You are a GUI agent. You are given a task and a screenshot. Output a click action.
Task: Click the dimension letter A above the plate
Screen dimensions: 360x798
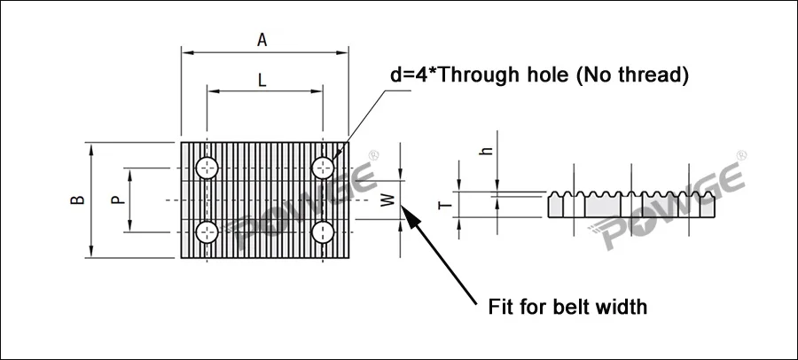262,39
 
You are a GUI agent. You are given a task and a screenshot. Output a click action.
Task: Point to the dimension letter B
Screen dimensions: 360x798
79,200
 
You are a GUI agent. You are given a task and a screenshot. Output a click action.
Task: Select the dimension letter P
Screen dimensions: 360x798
116,200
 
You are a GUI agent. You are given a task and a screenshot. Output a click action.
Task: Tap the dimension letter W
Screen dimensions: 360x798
387,201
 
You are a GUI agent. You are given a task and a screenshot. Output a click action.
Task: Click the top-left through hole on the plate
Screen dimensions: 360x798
207,167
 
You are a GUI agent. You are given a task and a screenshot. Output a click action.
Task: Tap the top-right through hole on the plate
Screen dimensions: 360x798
324,167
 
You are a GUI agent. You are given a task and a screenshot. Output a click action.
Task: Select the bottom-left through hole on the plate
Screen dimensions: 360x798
207,232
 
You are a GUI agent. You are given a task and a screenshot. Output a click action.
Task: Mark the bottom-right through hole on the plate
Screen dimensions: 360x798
324,232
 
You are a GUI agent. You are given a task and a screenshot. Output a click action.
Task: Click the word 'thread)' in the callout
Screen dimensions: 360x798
655,75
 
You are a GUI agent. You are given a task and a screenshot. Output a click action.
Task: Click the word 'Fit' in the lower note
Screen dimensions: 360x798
503,308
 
